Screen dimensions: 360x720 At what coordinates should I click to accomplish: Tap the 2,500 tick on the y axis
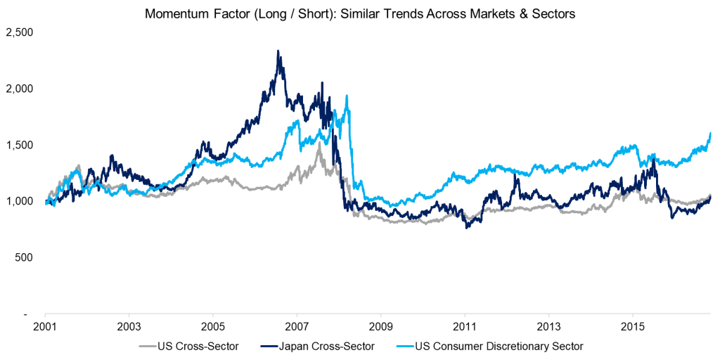[x=19, y=32]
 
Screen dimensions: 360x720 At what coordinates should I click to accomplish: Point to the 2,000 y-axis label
[x=19, y=89]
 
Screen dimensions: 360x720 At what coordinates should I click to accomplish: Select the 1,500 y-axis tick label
[x=19, y=145]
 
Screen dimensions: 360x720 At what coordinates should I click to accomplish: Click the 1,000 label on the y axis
[x=19, y=201]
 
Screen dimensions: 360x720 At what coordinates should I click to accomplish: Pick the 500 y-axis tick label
[x=25, y=257]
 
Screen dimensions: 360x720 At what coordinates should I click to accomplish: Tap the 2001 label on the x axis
[x=45, y=328]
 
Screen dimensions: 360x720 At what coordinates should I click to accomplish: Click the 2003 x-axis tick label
[x=129, y=328]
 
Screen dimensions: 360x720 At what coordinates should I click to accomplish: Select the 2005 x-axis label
[x=213, y=328]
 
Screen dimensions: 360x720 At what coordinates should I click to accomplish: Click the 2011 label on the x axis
[x=465, y=328]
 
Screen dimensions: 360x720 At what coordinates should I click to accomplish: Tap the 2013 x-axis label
[x=548, y=328]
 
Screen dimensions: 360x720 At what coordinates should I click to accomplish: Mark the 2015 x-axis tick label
[x=632, y=328]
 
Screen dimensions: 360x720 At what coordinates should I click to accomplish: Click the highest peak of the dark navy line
[x=278, y=51]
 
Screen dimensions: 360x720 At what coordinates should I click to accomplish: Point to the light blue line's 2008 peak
[x=347, y=96]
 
